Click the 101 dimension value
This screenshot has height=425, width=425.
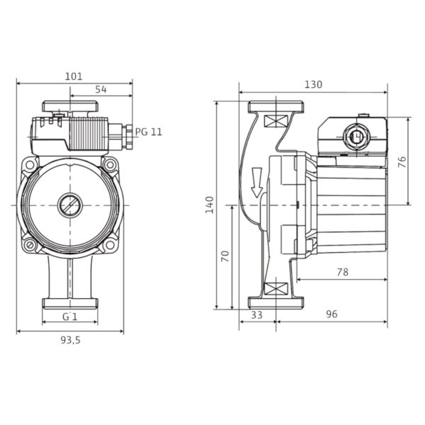tap(74, 76)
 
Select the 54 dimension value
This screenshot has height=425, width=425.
tap(101, 89)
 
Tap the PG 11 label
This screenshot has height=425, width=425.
tap(149, 132)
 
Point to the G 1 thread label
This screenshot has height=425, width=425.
tap(70, 317)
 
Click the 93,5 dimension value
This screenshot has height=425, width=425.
tap(70, 340)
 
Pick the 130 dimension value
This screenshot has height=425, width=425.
tap(314, 84)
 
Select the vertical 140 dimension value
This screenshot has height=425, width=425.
tap(210, 205)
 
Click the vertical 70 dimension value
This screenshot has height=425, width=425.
tap(225, 256)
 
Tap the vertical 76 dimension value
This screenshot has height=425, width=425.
tap(402, 161)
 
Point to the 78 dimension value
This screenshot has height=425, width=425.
tap(342, 272)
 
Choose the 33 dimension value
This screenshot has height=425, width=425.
tap(256, 315)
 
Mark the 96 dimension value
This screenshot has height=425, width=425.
tap(331, 314)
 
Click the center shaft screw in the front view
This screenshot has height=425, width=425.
tap(70, 205)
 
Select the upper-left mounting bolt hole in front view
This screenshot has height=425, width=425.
tap(30, 164)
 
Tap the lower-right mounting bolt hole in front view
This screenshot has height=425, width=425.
tap(110, 245)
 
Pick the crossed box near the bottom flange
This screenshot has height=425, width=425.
tap(276, 288)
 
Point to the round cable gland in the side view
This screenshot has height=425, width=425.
tap(356, 136)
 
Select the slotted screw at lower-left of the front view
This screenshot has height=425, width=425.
tap(30, 245)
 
